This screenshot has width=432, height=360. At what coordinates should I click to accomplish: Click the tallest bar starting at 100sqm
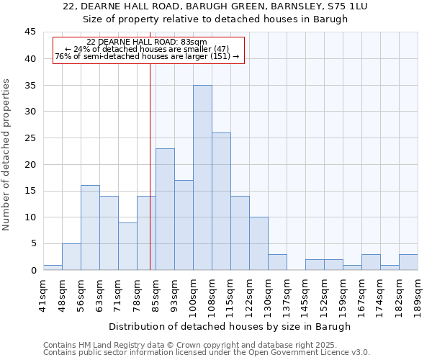tap(202, 177)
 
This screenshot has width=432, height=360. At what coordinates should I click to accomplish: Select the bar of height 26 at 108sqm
tap(221, 201)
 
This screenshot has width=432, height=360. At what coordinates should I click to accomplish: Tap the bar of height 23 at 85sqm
tap(165, 209)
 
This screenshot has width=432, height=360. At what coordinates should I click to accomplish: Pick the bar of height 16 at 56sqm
tap(90, 228)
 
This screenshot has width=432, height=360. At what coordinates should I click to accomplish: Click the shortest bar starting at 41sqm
tap(53, 267)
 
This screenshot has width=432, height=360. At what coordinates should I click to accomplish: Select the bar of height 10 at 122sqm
tap(258, 243)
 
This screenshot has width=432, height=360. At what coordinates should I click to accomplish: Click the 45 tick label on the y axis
tap(30, 32)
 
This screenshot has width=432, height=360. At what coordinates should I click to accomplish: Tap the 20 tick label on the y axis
tap(30, 164)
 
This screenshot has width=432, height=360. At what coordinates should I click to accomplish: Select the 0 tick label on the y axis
tap(32, 270)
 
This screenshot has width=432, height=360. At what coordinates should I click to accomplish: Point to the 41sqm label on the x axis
tap(44, 294)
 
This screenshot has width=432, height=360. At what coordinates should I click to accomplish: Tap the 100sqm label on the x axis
tap(194, 294)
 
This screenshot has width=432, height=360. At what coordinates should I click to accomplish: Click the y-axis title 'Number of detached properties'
tap(7, 155)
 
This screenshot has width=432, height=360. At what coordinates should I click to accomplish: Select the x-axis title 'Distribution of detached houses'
tap(230, 326)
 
